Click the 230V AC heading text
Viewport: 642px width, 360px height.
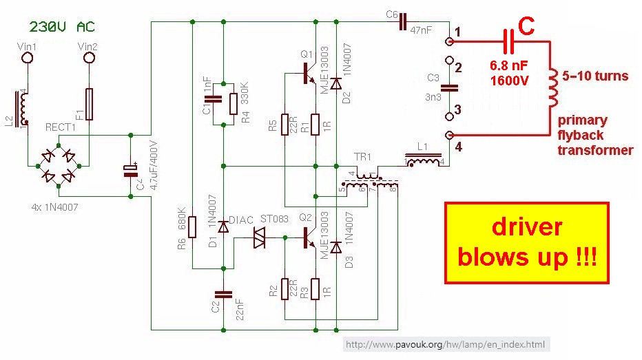62,27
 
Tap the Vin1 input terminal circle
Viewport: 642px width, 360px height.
28,59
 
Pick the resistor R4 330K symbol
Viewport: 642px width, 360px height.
234,103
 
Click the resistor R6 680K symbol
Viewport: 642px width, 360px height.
193,226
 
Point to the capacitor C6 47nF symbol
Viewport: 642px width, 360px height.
403,23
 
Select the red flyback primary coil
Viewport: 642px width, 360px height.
552,88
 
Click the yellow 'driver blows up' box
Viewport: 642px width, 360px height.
527,243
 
